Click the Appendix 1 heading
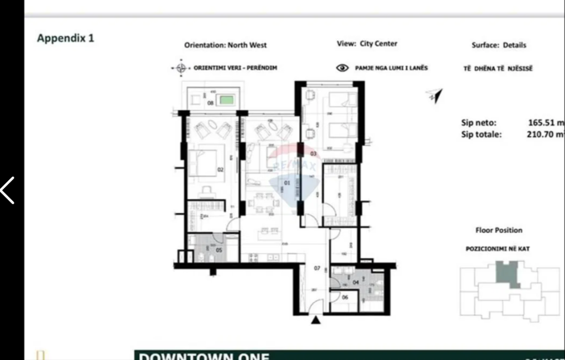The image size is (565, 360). [66, 38]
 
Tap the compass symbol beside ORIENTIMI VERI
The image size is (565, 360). [180, 68]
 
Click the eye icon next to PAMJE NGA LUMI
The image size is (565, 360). [342, 68]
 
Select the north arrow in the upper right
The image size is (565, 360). [435, 95]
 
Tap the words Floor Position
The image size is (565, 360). [499, 230]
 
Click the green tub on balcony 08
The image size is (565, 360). [227, 101]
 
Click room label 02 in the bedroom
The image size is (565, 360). [220, 170]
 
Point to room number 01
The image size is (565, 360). [287, 182]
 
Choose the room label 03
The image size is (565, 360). [313, 153]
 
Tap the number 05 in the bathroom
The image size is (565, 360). [218, 251]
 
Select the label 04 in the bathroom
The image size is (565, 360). [356, 282]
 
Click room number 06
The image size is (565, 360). [345, 298]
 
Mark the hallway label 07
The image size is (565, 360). [317, 269]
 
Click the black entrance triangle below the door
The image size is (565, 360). [315, 320]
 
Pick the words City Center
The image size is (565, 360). [379, 44]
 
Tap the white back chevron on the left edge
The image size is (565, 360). [8, 190]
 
